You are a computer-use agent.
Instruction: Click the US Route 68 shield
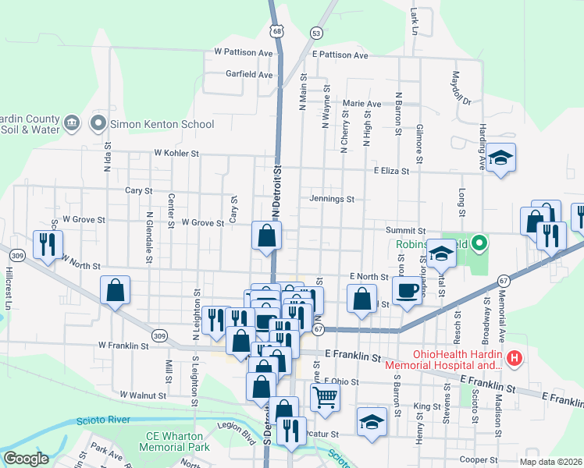278,31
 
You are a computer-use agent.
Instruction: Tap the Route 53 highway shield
315,33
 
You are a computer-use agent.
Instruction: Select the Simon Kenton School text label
162,124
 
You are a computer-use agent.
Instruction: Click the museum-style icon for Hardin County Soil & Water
71,122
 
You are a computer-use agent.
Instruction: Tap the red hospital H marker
514,360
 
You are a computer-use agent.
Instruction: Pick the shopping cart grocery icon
325,398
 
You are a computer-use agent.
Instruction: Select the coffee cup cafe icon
406,292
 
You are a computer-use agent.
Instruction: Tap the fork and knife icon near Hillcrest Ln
46,245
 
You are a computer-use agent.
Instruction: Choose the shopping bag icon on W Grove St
266,234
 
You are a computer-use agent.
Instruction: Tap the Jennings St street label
332,199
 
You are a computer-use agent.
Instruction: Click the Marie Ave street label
361,104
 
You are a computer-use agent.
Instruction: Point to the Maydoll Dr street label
457,88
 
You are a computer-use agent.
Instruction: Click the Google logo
26,459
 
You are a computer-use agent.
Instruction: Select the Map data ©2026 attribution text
550,462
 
